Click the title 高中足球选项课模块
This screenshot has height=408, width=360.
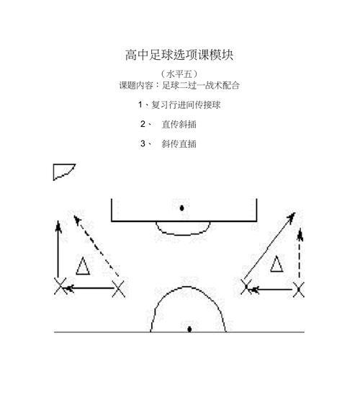click(x=179, y=55)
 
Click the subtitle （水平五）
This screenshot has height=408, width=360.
click(x=179, y=74)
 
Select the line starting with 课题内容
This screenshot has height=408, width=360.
click(x=179, y=85)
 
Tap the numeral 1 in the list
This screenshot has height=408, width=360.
click(x=140, y=105)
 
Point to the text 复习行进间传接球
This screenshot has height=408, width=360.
click(x=186, y=105)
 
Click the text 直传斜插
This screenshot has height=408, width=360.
click(x=179, y=125)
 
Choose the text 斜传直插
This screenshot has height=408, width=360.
click(x=179, y=143)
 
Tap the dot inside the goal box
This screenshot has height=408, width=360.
click(x=182, y=208)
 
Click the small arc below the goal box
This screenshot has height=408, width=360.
click(x=183, y=235)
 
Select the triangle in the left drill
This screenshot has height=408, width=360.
click(x=83, y=266)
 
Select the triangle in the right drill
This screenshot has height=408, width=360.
click(x=276, y=264)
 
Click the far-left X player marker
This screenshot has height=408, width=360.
click(x=60, y=286)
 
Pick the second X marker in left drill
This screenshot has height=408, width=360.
click(x=119, y=288)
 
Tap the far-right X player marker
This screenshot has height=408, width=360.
click(x=299, y=289)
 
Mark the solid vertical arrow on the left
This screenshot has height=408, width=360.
click(x=58, y=249)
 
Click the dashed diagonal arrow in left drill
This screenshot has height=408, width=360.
click(x=96, y=246)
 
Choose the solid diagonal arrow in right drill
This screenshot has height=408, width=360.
click(x=269, y=246)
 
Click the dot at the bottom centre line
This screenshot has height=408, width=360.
click(x=189, y=329)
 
